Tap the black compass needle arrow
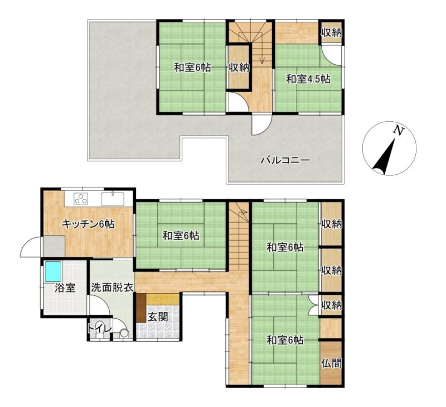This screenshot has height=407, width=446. [385, 157]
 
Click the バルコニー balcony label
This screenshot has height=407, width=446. [285, 160]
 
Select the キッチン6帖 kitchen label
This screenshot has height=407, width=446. [88, 224]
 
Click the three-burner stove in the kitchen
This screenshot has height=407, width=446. [81, 199]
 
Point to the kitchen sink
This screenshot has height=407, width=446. [113, 199]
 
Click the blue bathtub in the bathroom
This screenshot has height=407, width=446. [53, 271]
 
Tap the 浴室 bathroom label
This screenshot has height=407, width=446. [65, 288]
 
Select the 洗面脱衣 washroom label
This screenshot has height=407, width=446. [112, 288]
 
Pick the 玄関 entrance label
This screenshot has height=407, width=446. [158, 317]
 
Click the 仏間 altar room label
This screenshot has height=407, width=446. [331, 363]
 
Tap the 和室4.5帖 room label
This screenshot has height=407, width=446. [308, 79]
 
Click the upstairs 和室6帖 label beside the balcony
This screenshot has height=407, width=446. [192, 68]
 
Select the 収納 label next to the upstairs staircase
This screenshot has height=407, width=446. [239, 68]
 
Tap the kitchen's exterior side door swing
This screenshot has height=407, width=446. [31, 247]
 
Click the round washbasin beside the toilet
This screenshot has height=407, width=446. [124, 333]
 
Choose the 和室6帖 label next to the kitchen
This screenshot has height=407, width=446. [181, 236]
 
